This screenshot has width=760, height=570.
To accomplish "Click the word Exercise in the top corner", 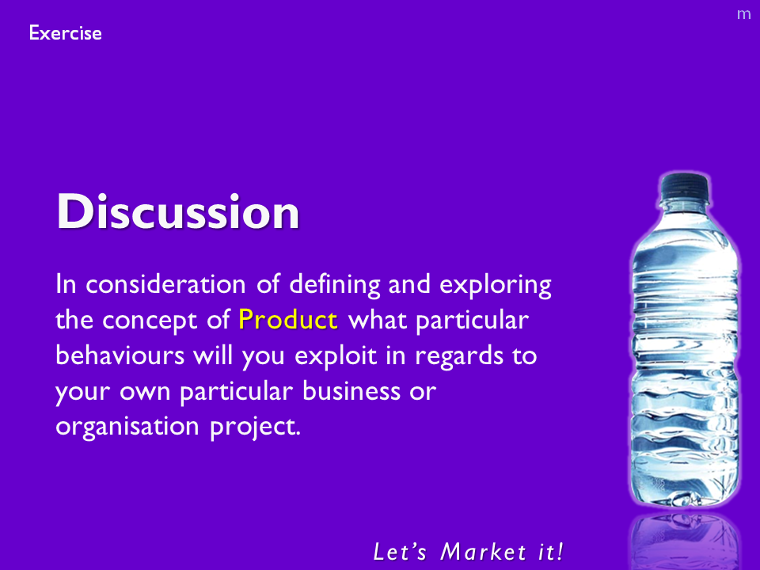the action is (66, 33).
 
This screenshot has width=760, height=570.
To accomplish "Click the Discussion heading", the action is (178, 211).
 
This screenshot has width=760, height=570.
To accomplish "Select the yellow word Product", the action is (288, 319).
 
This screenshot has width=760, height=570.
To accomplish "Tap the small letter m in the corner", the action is (743, 14).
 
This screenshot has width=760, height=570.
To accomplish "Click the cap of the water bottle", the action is (685, 186).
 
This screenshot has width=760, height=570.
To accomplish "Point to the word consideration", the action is (165, 284).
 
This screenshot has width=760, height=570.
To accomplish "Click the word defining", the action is (335, 285).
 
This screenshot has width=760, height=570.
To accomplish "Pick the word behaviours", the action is (120, 355).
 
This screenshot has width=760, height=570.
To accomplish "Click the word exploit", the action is (336, 356).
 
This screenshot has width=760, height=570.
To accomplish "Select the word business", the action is (351, 390).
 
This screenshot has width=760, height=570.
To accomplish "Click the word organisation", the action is (127, 426).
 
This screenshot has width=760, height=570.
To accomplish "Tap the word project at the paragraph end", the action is (256, 427).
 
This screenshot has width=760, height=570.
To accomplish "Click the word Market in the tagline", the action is (483, 552).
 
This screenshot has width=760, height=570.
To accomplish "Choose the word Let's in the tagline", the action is (401, 552).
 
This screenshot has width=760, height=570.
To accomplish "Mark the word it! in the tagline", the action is (551, 552).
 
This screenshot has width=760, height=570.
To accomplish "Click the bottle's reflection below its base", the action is (685, 541).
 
